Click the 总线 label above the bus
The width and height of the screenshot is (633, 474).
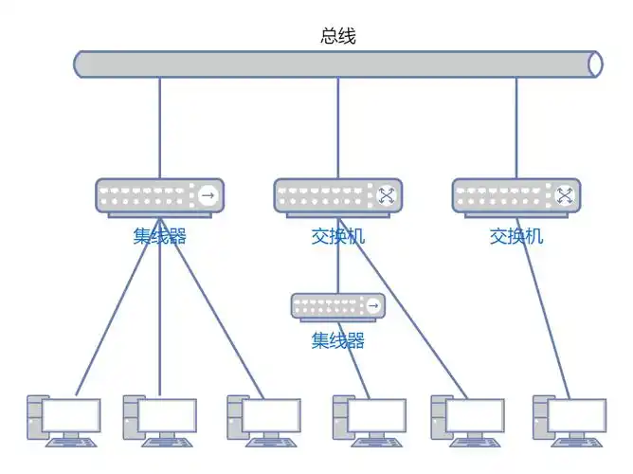pyautogui.click(x=338, y=36)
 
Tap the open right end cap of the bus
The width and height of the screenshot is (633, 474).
pyautogui.click(x=594, y=64)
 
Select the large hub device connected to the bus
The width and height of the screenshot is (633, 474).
pyautogui.click(x=159, y=196)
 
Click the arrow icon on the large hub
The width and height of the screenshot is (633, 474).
pyautogui.click(x=208, y=196)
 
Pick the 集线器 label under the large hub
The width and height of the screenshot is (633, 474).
pyautogui.click(x=159, y=236)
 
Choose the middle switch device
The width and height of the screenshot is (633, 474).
pyautogui.click(x=337, y=196)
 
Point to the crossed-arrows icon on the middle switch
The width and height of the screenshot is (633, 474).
pyautogui.click(x=387, y=196)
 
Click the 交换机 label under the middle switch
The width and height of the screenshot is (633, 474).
pyautogui.click(x=338, y=236)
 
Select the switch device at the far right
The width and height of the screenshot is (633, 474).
pyautogui.click(x=515, y=196)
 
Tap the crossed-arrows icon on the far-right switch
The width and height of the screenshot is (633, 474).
pyautogui.click(x=565, y=196)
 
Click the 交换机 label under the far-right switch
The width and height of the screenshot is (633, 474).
pyautogui.click(x=516, y=236)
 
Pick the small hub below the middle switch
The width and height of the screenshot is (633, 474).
pyautogui.click(x=338, y=306)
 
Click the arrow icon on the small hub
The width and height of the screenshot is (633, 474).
pyautogui.click(x=373, y=306)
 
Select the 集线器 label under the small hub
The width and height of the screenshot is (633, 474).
pyautogui.click(x=338, y=340)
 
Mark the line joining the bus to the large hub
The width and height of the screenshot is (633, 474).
pyautogui.click(x=159, y=128)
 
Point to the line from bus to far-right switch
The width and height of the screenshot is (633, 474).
pyautogui.click(x=516, y=128)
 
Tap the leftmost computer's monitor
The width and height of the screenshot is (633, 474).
pyautogui.click(x=70, y=415)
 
